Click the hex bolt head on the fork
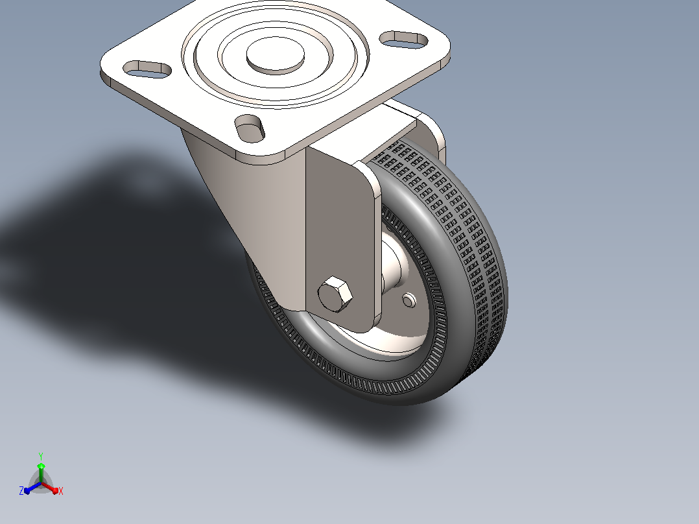pos(335,294)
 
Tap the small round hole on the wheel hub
pos(409,300)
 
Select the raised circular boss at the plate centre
pos(276,55)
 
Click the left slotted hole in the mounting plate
pos(147,69)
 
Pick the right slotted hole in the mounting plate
pos(404,40)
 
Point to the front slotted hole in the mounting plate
pos(250,128)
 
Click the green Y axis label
pos(41,456)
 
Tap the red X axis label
pos(61,491)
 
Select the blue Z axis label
pos(21,491)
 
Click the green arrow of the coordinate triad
pos(41,472)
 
